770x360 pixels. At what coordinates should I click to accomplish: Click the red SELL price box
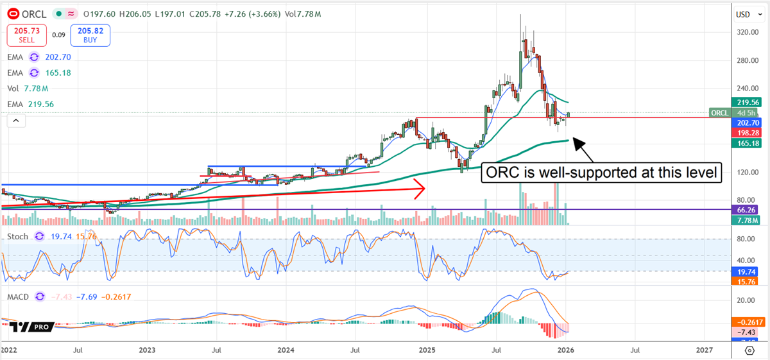tap(26, 35)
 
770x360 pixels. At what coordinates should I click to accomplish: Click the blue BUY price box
tap(90, 35)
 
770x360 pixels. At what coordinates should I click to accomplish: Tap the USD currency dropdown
tap(747, 14)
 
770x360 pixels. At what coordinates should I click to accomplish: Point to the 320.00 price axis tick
tap(746, 32)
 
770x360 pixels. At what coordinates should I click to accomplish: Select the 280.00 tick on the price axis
tap(746, 60)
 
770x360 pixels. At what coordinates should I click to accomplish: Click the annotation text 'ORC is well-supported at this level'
tap(603, 173)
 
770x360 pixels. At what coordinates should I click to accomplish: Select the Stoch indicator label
tap(17, 237)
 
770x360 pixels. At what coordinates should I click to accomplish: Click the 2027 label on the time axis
tap(704, 350)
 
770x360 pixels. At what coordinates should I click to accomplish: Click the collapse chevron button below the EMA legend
tap(15, 120)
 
